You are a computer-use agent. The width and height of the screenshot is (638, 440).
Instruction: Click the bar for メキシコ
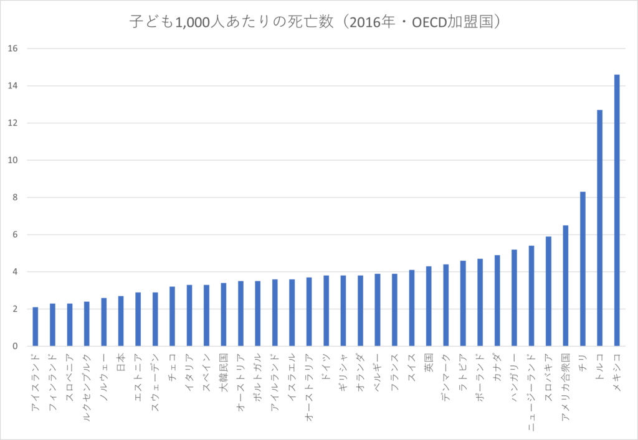[x=617, y=210]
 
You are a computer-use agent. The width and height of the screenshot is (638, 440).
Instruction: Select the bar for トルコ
[x=600, y=228]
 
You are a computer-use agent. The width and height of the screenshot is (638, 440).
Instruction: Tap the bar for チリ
[x=583, y=269]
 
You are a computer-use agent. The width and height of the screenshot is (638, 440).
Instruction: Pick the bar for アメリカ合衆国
[x=566, y=286]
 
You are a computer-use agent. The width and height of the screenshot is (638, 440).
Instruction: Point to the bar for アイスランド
[x=36, y=327]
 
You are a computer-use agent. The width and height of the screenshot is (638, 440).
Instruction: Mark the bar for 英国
[x=429, y=306]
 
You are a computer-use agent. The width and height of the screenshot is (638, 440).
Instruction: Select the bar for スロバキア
[x=548, y=291]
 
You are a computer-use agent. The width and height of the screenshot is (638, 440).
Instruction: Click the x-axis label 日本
[x=121, y=362]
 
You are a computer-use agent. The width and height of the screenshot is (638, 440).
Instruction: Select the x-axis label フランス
[x=395, y=369]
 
